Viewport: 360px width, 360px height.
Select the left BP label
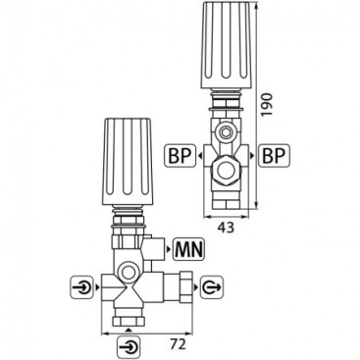(x=178, y=156)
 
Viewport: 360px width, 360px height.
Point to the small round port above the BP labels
(x=226, y=129)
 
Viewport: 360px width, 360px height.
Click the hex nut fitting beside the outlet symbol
(x=182, y=288)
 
